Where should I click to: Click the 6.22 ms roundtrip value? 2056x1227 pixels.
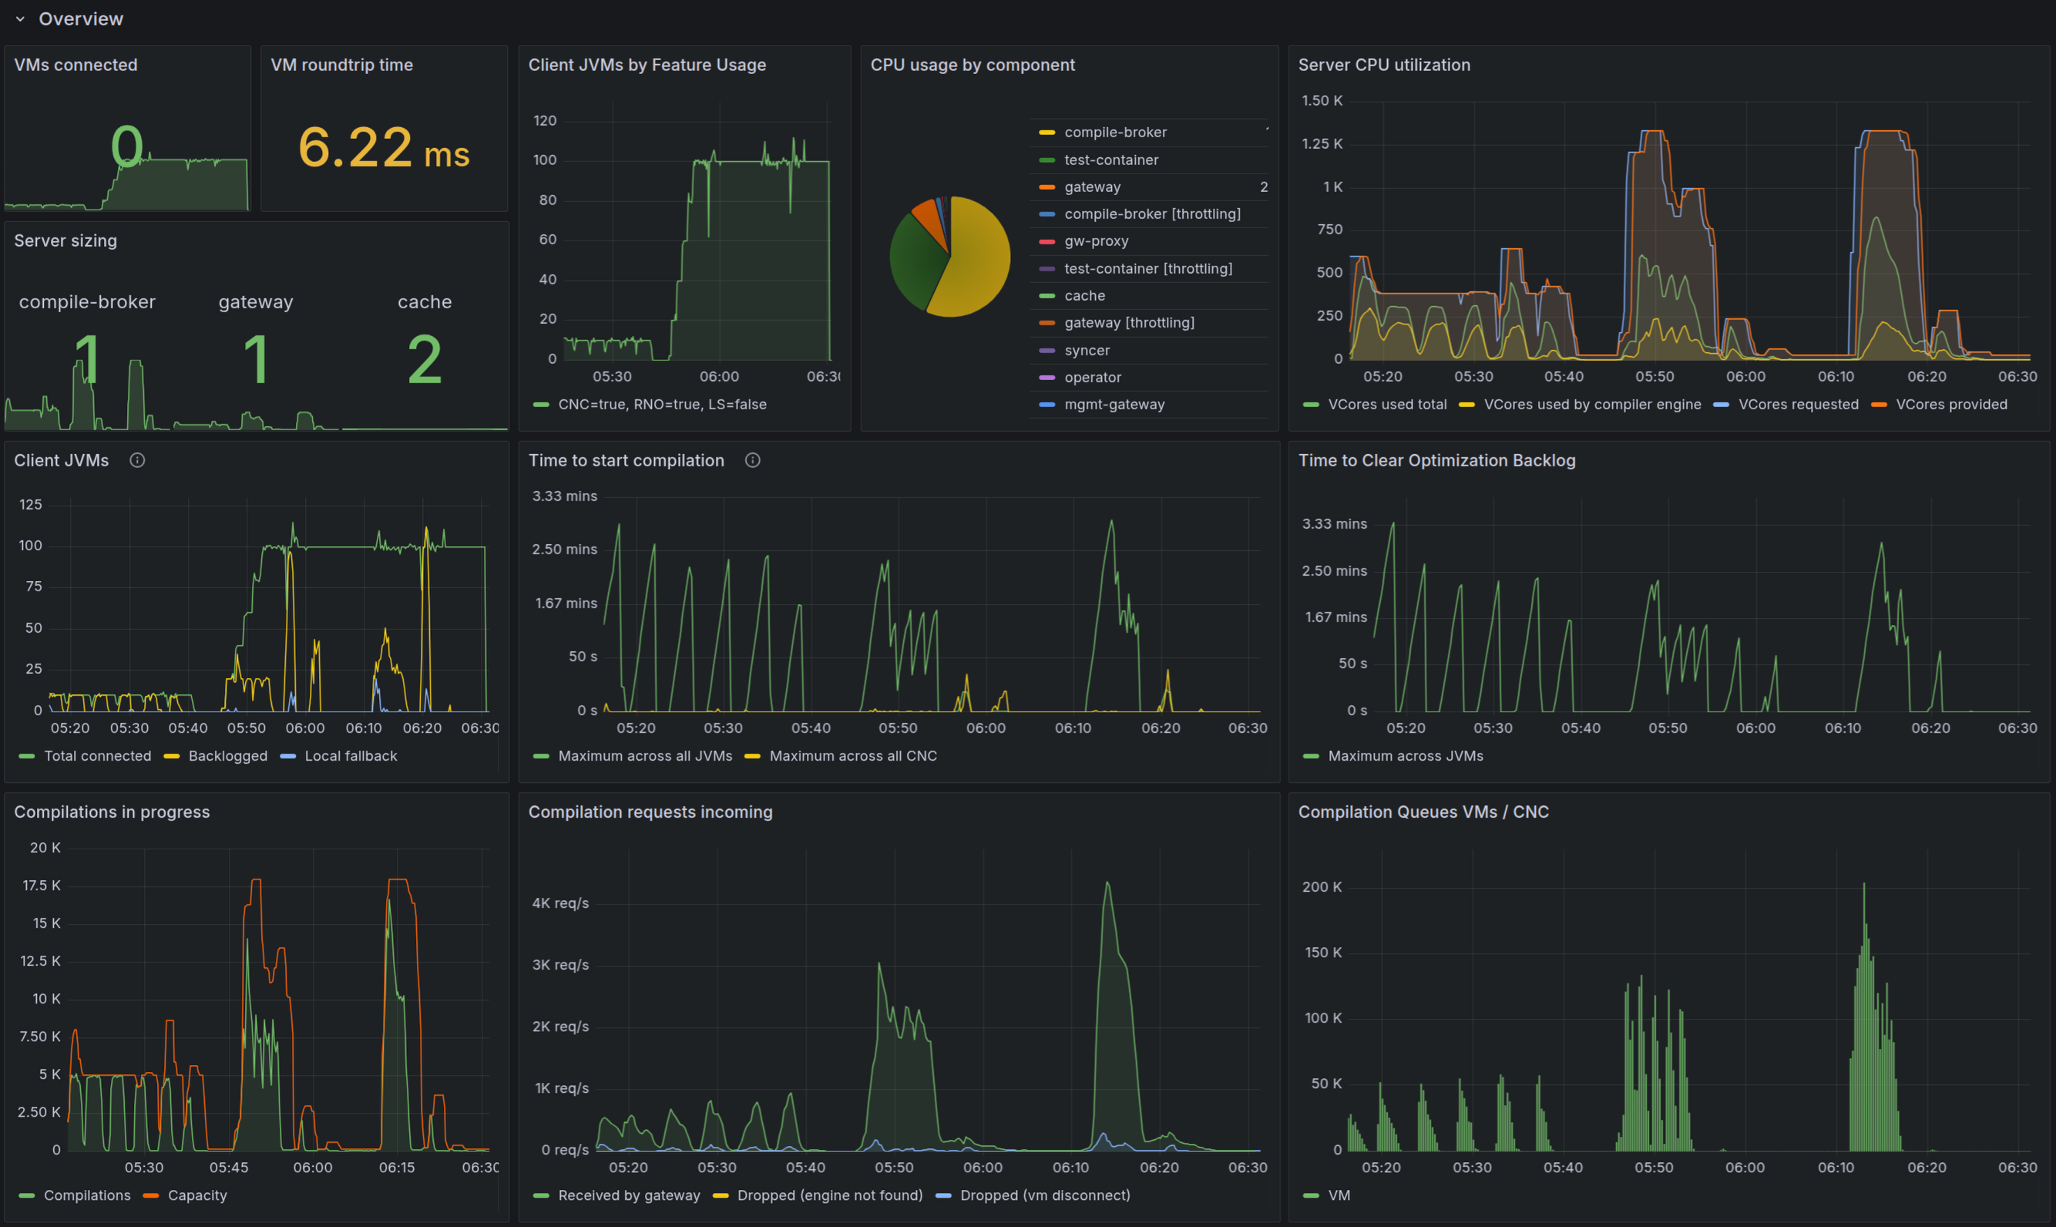(383, 148)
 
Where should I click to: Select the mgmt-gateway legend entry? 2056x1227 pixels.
(1114, 405)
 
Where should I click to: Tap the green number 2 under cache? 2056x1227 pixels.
(424, 360)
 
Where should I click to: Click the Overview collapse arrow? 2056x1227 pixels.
(20, 19)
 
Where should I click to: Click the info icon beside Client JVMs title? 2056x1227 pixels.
(137, 461)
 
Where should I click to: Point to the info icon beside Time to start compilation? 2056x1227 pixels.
(752, 461)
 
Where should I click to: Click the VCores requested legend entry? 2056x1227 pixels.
(1797, 405)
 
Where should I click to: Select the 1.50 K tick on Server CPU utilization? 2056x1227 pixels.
(1321, 101)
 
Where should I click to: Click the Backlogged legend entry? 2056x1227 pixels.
(227, 756)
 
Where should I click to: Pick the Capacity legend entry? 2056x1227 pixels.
(197, 1195)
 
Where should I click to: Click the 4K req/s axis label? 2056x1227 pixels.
(559, 903)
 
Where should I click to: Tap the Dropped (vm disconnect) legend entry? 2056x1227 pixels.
(1044, 1195)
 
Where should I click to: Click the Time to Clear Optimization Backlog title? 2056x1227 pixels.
(1436, 461)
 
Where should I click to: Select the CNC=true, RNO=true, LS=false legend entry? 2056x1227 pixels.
(661, 405)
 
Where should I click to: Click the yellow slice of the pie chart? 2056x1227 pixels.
(976, 264)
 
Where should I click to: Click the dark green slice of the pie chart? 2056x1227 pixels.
(915, 261)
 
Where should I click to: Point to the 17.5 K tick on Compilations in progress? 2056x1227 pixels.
(42, 886)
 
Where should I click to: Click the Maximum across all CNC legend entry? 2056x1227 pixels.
(852, 756)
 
